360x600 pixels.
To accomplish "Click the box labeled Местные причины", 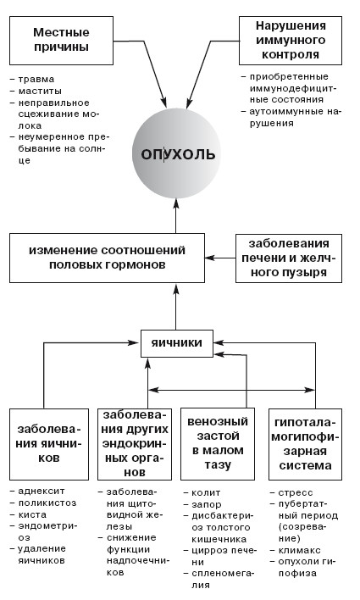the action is (61, 40).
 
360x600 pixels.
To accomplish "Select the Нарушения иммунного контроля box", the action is (291, 40).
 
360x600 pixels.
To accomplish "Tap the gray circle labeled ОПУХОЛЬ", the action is (176, 153).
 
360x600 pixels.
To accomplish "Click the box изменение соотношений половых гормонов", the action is (107, 258).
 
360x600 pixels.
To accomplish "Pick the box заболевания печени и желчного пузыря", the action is (289, 258).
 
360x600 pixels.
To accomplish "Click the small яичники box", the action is (177, 343).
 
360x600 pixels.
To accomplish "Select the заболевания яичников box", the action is (49, 444).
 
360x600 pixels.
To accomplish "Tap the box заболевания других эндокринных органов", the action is (135, 444).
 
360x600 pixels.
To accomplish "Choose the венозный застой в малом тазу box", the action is (218, 444).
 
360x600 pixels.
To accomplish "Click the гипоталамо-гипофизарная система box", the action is (305, 444).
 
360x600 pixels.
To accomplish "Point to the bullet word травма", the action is (36, 80).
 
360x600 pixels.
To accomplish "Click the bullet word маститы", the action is (40, 91).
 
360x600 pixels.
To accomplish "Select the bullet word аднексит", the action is (42, 491).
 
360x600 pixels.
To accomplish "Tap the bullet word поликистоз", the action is (47, 503).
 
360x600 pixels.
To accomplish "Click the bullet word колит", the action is (206, 493).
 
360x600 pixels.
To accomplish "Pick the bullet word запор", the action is (207, 505).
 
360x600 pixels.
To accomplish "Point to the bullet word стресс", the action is (296, 493).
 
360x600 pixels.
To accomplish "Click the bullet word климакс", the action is (299, 551).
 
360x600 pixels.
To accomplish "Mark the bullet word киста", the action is (32, 514).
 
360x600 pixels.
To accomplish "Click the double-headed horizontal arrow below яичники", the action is (231, 391).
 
